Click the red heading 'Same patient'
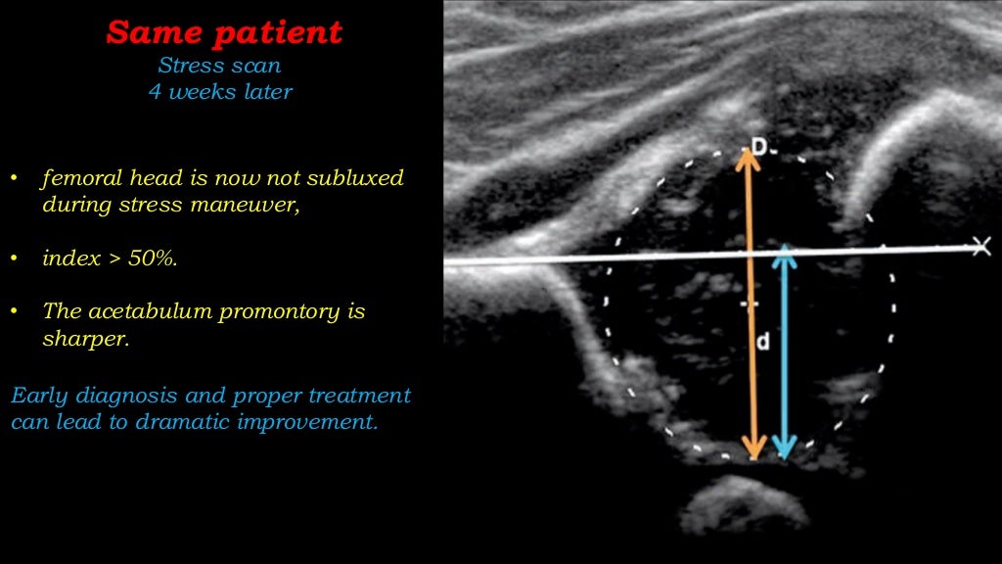(x=224, y=33)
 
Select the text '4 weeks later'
(x=219, y=93)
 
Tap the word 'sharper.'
(x=85, y=338)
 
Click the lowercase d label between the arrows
(x=763, y=343)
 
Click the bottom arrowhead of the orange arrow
(x=752, y=449)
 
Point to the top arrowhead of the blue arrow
(x=784, y=255)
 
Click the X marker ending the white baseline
(x=980, y=246)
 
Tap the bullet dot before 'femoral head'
(x=15, y=180)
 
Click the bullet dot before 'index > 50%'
(x=15, y=259)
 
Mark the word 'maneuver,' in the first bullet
(x=255, y=206)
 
